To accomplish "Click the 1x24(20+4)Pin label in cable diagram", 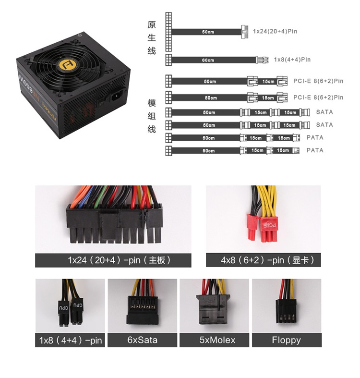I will tap(275, 32).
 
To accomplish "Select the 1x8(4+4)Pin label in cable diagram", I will tap(292, 60).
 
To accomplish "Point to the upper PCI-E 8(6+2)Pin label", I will tap(318, 81).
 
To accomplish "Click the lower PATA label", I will tap(315, 150).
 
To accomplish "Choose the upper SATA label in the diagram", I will tap(324, 112).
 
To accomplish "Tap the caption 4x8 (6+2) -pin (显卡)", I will tap(263, 261).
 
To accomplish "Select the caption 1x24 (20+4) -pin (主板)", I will tap(113, 261).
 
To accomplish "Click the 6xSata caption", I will tap(142, 340).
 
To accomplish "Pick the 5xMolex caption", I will tap(217, 340).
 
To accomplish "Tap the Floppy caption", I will tap(286, 340).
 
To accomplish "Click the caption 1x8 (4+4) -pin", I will tap(71, 341).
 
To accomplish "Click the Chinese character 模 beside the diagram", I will tap(152, 103).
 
